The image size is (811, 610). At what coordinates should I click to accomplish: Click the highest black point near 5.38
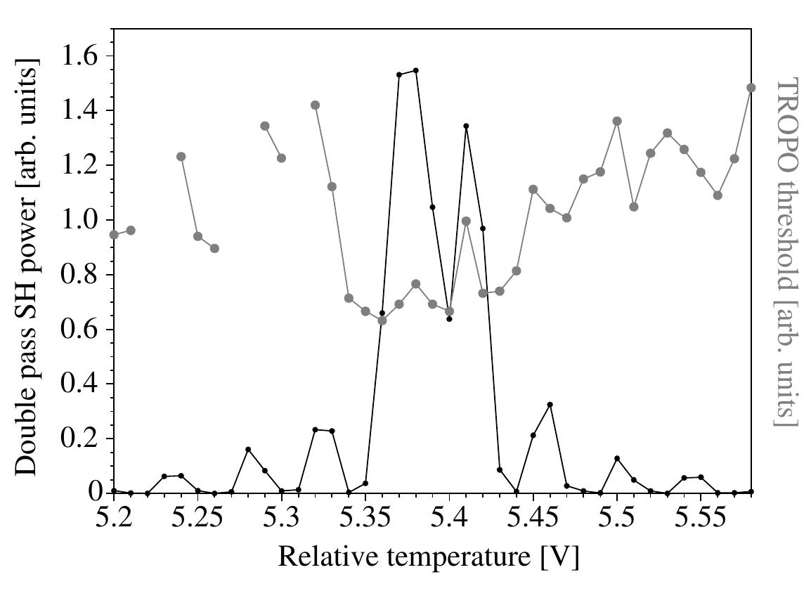(x=416, y=70)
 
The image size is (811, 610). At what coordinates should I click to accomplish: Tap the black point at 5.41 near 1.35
(x=466, y=126)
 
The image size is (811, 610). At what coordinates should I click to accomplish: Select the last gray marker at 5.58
(x=751, y=88)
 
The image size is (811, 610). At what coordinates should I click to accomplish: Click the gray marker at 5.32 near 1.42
(x=315, y=105)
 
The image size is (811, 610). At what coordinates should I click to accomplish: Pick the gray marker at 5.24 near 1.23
(x=181, y=157)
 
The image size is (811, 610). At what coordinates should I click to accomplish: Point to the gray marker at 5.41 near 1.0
(x=466, y=221)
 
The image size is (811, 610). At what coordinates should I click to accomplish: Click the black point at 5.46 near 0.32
(x=550, y=405)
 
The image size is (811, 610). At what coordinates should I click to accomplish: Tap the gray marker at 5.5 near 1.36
(x=617, y=121)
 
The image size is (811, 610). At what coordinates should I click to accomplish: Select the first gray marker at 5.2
(x=114, y=235)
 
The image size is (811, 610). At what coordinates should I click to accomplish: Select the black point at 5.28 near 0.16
(x=248, y=450)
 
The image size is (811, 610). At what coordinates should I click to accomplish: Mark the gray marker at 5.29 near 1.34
(x=265, y=126)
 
